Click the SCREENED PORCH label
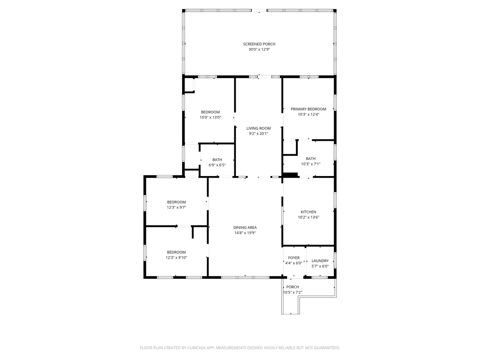coord(259,44)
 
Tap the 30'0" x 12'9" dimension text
coord(259,49)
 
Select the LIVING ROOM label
coord(258,128)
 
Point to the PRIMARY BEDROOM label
coord(308,109)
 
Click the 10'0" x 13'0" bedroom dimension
coord(210,117)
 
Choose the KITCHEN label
coord(308,212)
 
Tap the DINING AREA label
coord(245,228)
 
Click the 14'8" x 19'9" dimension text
coord(245,233)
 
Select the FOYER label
coord(294,258)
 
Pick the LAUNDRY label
coord(320,261)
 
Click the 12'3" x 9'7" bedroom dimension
coord(176,207)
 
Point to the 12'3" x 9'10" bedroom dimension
coord(176,257)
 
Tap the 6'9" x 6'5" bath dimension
coord(217,165)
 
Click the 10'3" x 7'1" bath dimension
coord(311,164)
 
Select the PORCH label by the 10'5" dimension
coord(292,287)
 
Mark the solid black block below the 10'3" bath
coord(290,175)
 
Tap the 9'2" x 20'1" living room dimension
coord(258,134)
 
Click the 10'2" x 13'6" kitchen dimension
coord(308,217)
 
